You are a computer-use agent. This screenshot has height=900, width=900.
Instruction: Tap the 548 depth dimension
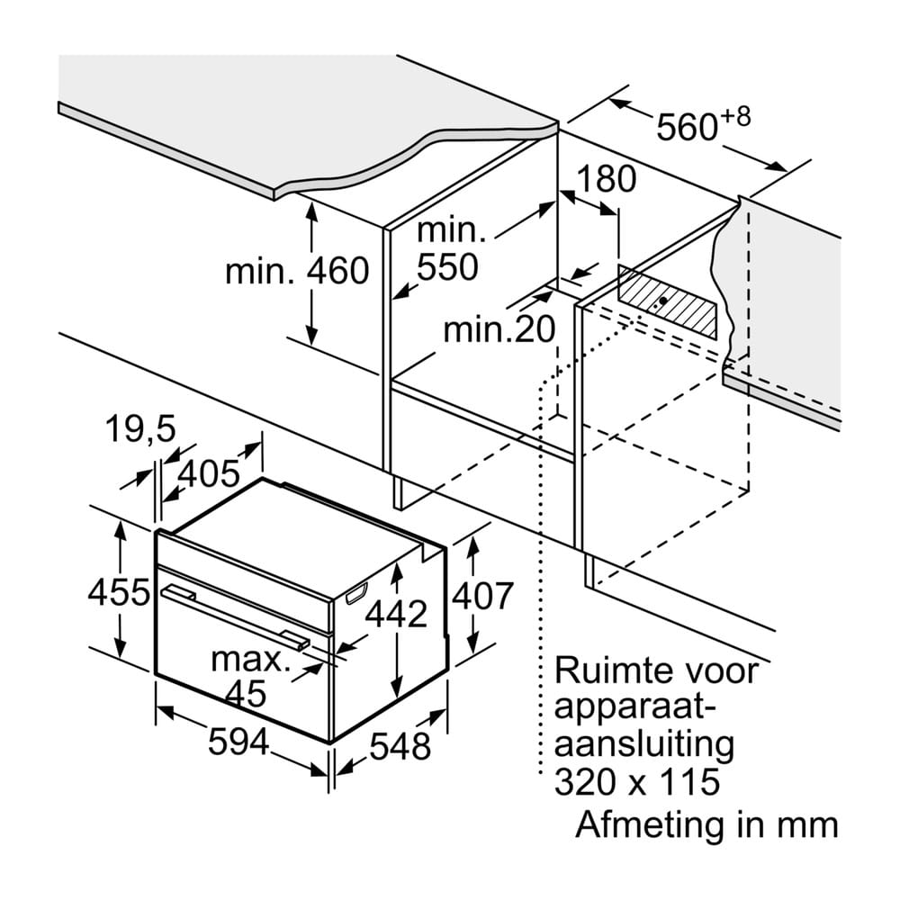point(400,746)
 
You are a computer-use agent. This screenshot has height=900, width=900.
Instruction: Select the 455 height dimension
point(119,592)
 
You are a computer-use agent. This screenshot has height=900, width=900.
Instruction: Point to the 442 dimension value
point(397,614)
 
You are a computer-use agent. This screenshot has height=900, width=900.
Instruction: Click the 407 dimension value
point(482,596)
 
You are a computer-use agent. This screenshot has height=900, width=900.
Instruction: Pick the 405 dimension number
point(209,473)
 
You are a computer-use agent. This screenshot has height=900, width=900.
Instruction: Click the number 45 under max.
point(246,694)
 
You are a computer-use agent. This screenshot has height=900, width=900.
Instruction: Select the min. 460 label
point(297,271)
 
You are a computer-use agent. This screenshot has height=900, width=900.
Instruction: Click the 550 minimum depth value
point(447,266)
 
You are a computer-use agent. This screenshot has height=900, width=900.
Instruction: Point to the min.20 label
point(499,329)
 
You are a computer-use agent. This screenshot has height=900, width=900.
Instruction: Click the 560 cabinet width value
point(687,127)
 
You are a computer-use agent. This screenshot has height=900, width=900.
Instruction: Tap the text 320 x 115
point(637,781)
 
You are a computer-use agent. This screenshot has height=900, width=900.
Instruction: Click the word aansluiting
point(644,744)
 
